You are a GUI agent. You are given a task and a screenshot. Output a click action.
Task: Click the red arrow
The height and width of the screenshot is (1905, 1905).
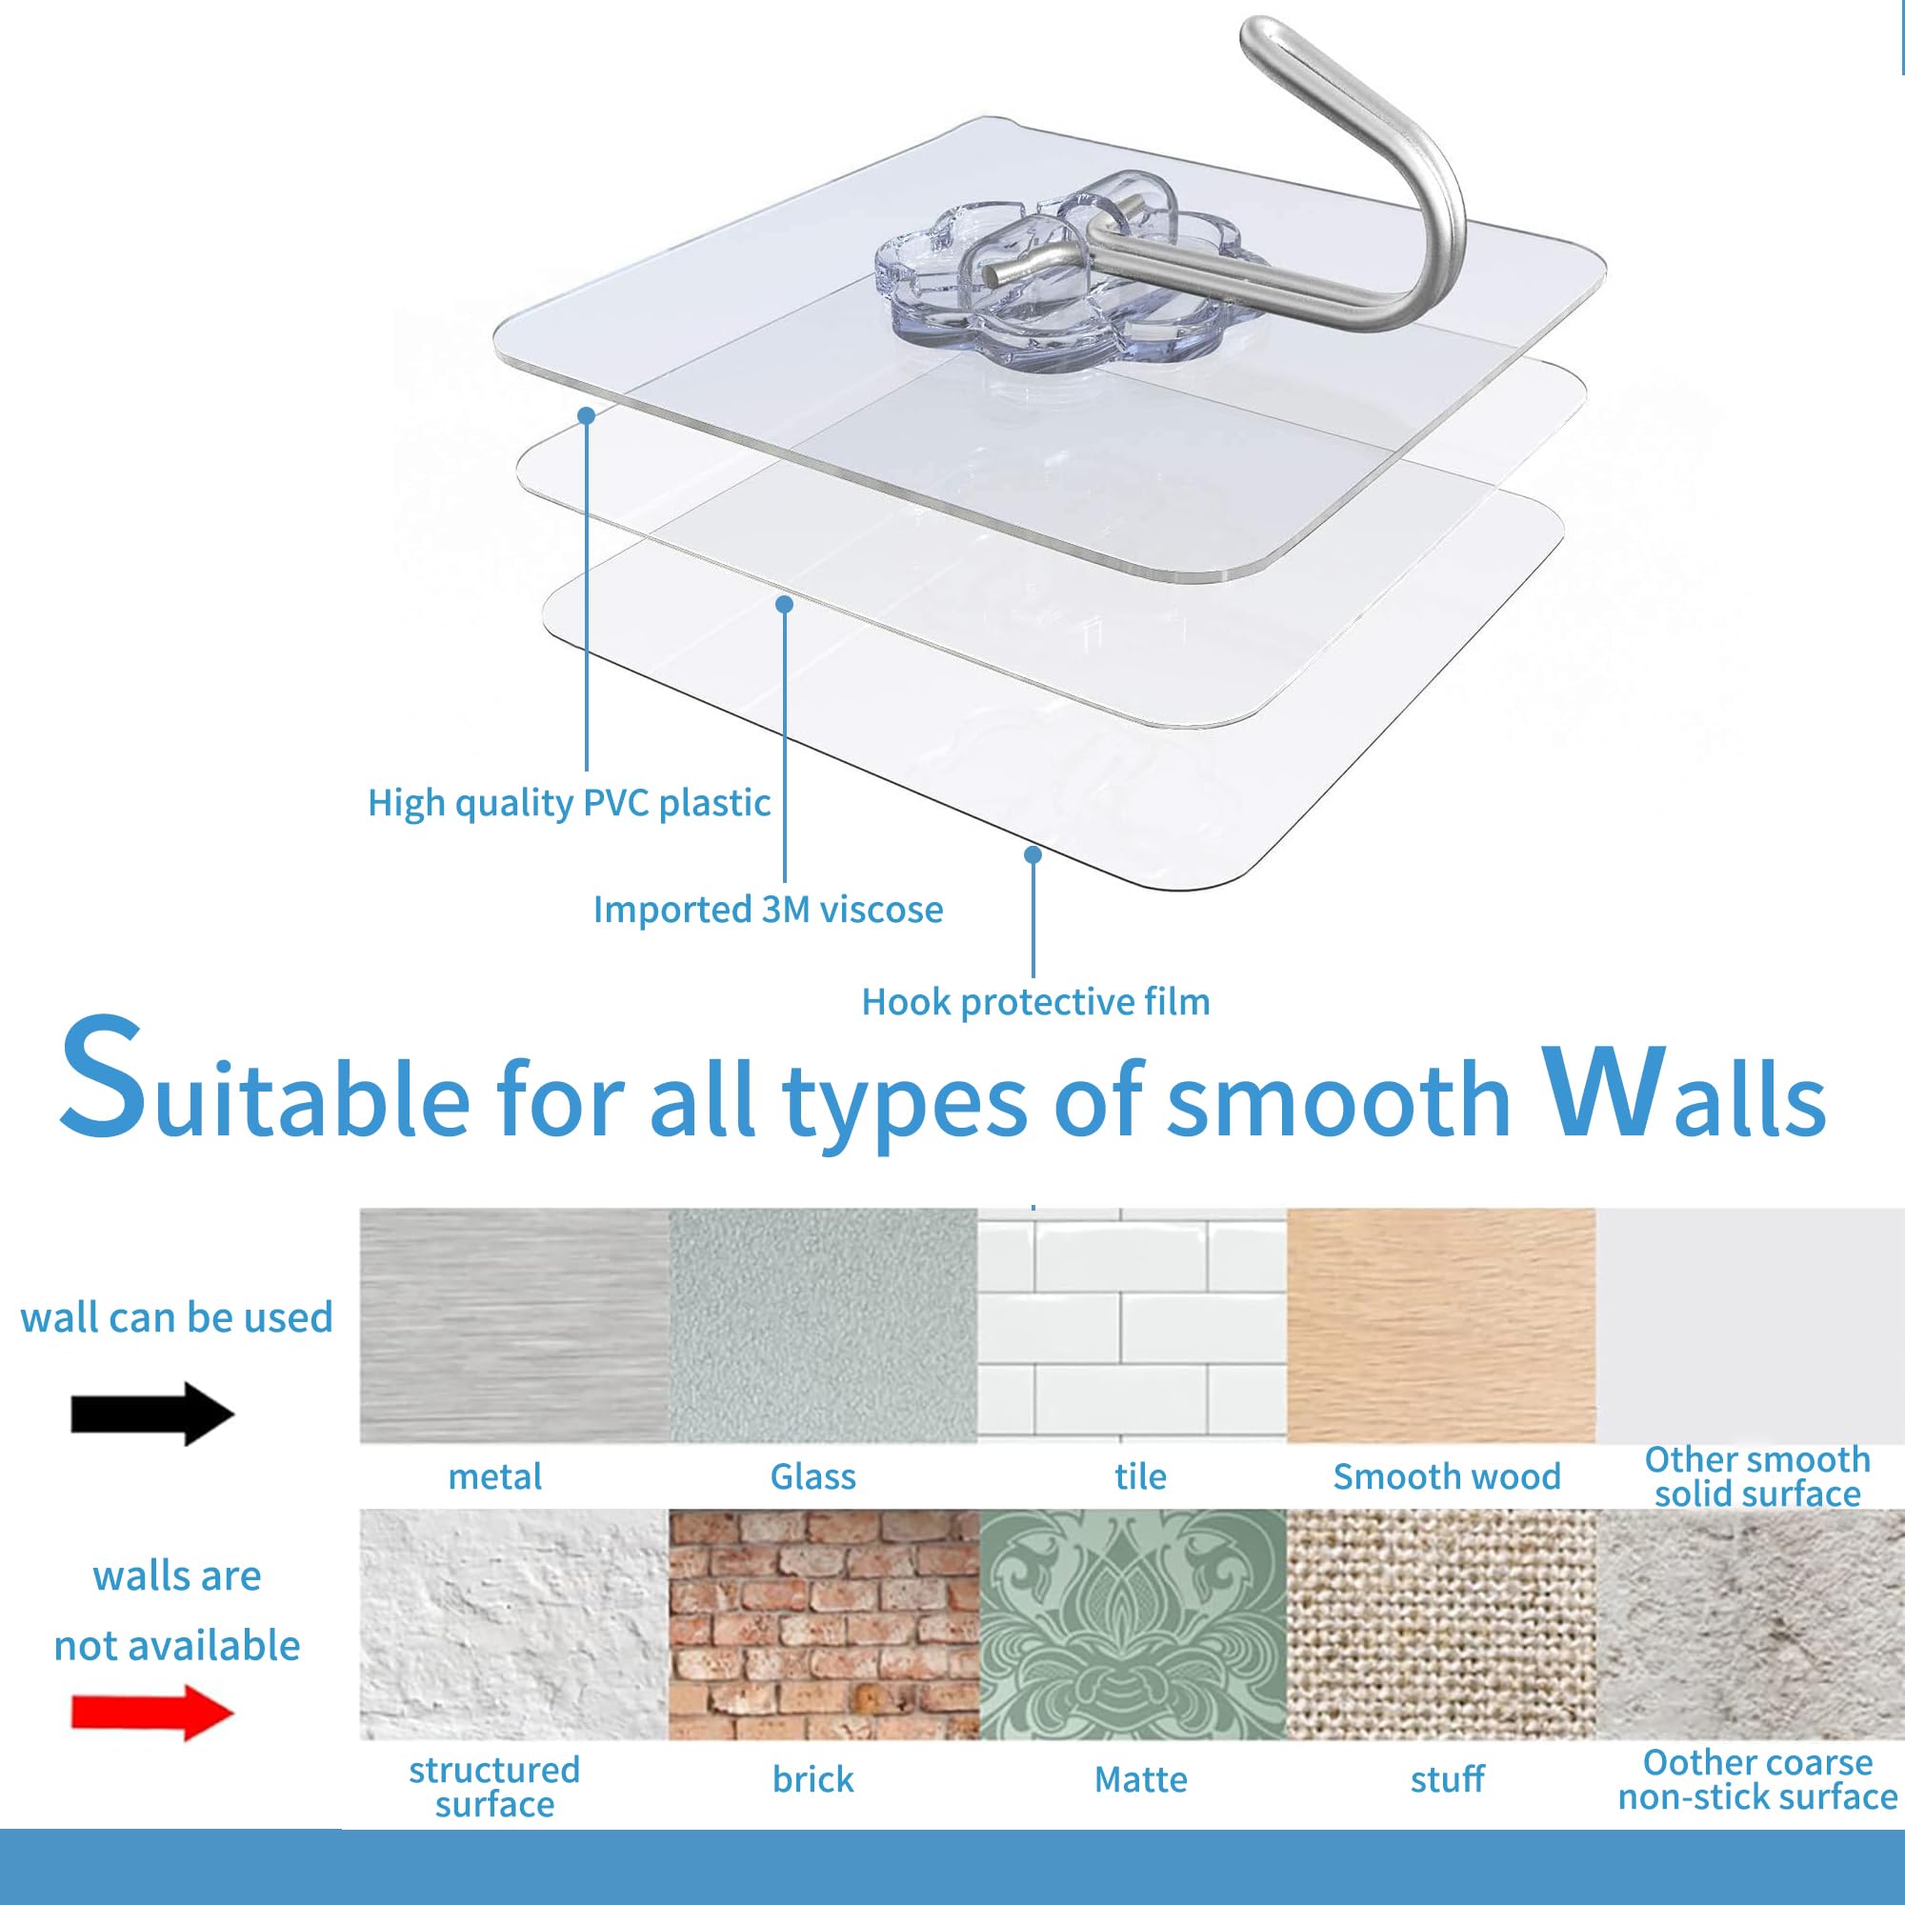[152, 1713]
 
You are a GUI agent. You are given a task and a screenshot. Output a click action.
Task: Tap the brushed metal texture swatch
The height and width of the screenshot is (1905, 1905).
[513, 1326]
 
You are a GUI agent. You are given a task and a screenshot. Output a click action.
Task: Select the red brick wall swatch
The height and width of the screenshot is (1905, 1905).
[824, 1625]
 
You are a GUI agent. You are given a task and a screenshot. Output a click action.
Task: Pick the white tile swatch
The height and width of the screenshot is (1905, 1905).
[1132, 1326]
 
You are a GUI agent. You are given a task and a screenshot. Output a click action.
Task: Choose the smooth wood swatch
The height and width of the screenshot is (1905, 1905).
[1441, 1326]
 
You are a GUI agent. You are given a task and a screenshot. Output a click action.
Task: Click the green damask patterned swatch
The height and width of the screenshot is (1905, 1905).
[1133, 1625]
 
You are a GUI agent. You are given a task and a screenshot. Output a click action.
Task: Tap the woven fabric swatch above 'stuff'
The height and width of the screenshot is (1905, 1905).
[1441, 1625]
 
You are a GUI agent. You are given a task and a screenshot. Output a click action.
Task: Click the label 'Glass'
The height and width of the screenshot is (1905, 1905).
[812, 1477]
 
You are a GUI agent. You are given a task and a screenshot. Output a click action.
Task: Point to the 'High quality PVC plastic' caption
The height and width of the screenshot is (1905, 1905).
[569, 804]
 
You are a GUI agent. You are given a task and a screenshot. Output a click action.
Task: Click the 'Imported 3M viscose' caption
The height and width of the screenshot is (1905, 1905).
[768, 909]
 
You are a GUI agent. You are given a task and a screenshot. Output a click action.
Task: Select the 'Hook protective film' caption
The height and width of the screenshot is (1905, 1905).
[1035, 1002]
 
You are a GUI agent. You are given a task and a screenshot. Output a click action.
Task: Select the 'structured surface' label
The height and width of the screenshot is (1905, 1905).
[494, 1787]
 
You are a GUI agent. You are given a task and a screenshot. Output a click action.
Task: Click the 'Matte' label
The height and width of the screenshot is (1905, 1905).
[1141, 1780]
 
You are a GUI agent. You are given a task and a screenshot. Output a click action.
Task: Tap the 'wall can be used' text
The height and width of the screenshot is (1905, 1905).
[176, 1318]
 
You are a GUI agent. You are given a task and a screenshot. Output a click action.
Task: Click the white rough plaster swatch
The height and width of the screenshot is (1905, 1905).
[513, 1625]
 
